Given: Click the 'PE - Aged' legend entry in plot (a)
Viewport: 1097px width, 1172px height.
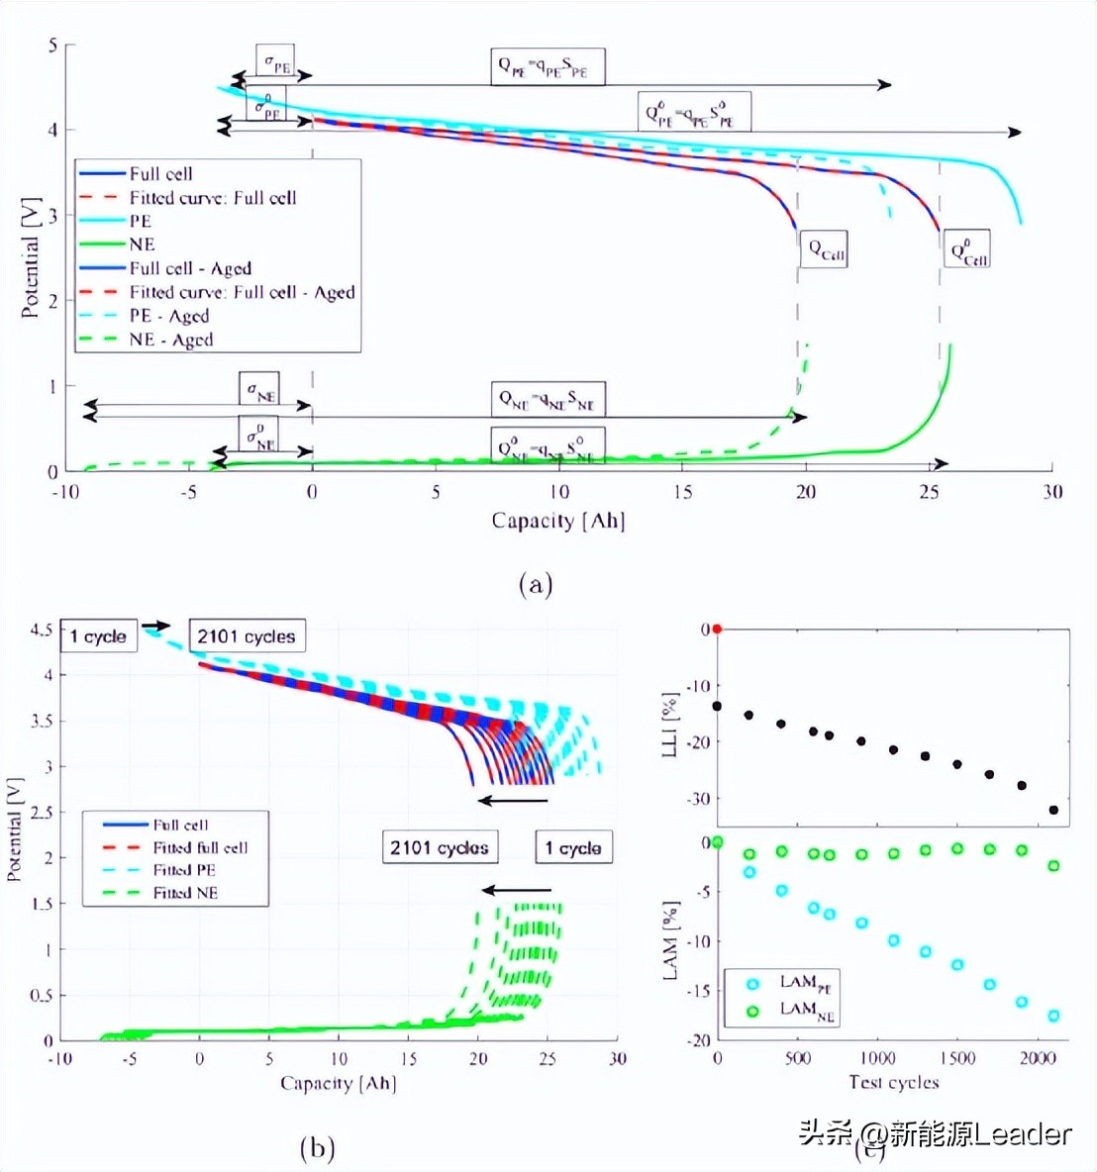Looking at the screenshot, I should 168,316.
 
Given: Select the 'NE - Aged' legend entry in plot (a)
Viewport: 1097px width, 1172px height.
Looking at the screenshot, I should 170,340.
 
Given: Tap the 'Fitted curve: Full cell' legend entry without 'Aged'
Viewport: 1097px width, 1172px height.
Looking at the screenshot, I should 212,198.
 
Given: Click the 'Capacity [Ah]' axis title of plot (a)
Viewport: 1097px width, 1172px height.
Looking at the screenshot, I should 557,521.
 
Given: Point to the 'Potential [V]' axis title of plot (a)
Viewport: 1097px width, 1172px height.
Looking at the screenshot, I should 30,257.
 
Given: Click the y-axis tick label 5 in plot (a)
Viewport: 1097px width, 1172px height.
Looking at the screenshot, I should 53,46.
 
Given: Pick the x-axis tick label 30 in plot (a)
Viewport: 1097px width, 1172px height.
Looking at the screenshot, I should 1051,492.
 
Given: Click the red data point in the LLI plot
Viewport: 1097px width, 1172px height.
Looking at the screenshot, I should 718,629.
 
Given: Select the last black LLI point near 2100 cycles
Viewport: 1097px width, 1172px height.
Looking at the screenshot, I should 1053,810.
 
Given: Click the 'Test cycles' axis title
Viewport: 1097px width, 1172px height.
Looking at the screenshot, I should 893,1082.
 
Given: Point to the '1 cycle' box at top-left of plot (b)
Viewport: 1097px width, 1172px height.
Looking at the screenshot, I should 98,636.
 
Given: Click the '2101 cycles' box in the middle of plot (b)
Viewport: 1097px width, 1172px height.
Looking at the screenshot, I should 439,847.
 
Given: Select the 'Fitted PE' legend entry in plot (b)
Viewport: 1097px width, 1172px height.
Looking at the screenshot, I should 184,870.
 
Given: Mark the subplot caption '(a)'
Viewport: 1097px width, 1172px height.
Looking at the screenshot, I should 535,584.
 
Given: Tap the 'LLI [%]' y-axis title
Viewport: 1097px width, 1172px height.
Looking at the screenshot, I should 670,725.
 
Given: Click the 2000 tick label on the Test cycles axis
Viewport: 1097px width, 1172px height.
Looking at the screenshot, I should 1037,1058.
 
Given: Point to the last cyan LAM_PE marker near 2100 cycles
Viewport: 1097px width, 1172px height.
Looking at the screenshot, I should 1053,1016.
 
